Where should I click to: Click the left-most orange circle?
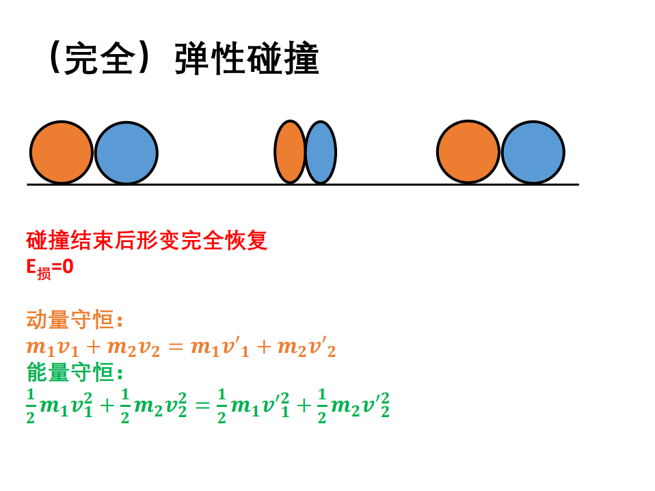62,152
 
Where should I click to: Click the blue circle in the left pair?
126,153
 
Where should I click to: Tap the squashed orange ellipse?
290,152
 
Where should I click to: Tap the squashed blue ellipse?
321,152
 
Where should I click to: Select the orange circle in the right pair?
468,152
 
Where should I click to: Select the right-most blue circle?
533,152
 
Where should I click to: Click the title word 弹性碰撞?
247,59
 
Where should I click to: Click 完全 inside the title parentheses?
101,59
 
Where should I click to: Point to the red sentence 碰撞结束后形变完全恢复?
146,240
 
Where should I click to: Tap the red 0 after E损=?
68,267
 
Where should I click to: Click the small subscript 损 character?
44,274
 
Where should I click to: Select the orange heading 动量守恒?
70,319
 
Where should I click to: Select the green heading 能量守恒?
70,372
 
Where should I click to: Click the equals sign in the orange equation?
176,347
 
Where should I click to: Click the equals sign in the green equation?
202,406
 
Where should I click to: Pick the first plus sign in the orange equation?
94,347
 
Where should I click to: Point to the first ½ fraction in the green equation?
31,406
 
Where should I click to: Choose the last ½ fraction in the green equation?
321,406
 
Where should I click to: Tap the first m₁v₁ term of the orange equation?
53,348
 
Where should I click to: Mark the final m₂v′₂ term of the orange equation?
306,347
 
